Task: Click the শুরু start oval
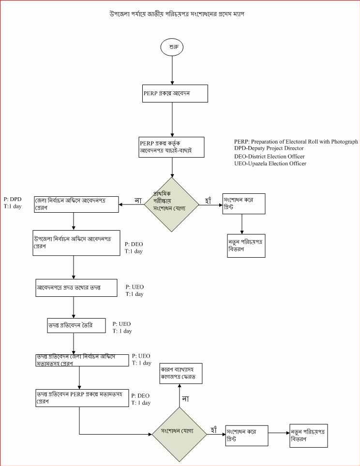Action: tap(172, 47)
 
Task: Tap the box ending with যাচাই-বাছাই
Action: tap(171, 147)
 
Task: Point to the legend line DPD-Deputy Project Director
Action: tap(269, 148)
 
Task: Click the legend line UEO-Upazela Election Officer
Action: tap(270, 164)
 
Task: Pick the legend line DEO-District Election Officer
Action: tap(269, 156)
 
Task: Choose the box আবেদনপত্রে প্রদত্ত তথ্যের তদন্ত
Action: tap(76, 288)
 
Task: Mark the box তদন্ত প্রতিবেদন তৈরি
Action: tap(73, 326)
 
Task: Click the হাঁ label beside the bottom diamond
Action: tap(213, 429)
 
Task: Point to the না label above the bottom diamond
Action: tap(185, 398)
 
